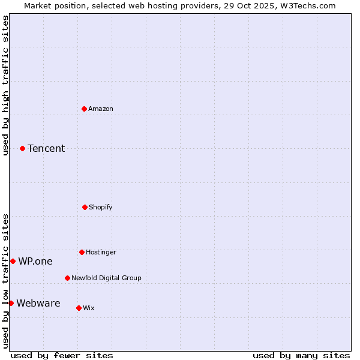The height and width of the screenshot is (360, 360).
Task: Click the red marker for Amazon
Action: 84,109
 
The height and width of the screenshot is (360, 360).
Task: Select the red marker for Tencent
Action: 22,148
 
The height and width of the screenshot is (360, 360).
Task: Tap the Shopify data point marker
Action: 85,207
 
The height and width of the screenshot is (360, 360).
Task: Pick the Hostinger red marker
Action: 82,252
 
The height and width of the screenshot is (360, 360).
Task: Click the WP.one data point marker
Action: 13,261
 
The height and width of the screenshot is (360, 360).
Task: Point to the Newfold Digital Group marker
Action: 67,278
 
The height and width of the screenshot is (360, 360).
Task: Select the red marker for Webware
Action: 11,303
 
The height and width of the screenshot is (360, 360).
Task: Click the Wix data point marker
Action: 79,308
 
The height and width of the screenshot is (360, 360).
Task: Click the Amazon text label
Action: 101,109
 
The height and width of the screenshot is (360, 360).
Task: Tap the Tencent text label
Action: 46,148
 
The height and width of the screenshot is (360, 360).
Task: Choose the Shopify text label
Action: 101,207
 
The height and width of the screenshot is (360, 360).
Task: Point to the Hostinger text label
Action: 101,252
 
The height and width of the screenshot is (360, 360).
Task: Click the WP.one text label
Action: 35,261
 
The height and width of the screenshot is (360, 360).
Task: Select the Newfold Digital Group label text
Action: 106,278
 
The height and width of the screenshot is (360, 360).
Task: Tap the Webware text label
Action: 38,303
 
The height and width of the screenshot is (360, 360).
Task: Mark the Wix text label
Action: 89,308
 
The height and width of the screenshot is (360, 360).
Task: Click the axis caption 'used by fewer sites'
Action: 62,355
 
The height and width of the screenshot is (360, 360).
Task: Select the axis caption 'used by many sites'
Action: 301,355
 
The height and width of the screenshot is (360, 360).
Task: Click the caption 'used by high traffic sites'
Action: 5,85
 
